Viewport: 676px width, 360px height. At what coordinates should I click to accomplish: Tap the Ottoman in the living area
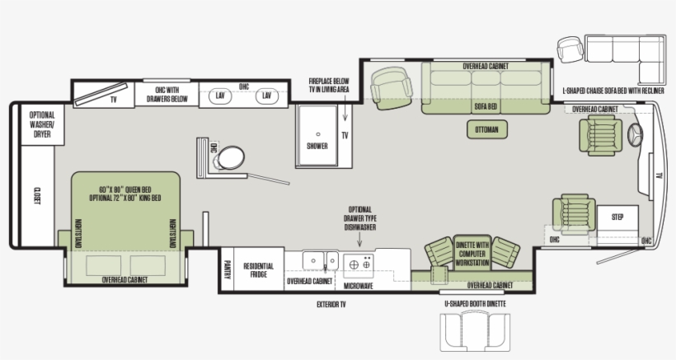490,129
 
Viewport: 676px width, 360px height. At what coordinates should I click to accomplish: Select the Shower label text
317,146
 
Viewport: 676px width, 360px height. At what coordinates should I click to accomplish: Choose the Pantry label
228,270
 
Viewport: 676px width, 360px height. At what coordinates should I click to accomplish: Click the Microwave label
359,286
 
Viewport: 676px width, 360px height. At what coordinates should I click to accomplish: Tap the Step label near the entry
617,217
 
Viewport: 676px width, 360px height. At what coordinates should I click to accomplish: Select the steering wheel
636,135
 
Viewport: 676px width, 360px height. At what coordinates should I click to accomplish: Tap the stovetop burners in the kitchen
360,264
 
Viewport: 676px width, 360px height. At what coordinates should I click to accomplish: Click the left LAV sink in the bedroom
220,96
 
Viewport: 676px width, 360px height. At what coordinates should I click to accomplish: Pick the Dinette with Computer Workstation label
472,253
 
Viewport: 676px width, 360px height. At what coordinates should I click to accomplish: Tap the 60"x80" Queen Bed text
124,191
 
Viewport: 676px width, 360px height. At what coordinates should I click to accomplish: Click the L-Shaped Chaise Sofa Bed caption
612,91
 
